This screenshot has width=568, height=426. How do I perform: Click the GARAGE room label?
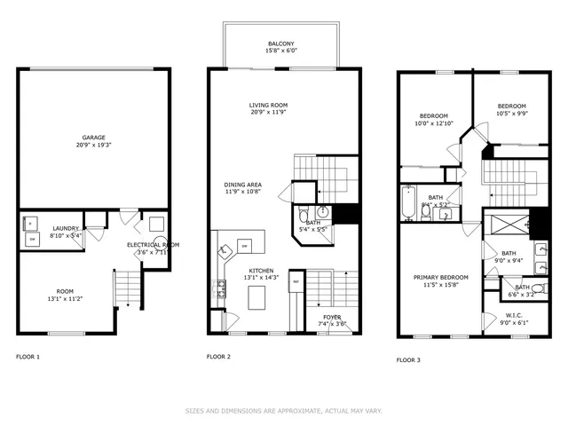tap(94, 138)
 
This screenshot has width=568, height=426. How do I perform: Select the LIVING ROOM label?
tap(268, 106)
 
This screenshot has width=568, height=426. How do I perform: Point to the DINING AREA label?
tap(242, 184)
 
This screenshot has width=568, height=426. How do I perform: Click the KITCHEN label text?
tap(260, 270)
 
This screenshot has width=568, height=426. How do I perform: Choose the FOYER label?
tap(332, 317)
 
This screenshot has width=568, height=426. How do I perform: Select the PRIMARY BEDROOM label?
tap(441, 277)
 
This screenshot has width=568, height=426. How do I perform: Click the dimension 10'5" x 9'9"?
tap(511, 114)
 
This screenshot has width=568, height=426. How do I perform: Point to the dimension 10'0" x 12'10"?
tap(434, 123)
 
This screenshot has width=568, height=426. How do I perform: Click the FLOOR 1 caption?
tap(28, 357)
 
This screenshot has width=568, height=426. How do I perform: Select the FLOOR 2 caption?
tap(218, 357)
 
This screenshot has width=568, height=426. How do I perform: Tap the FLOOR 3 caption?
tap(409, 359)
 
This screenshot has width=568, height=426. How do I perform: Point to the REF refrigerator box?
tap(296, 282)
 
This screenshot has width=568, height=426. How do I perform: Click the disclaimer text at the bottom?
tap(283, 411)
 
